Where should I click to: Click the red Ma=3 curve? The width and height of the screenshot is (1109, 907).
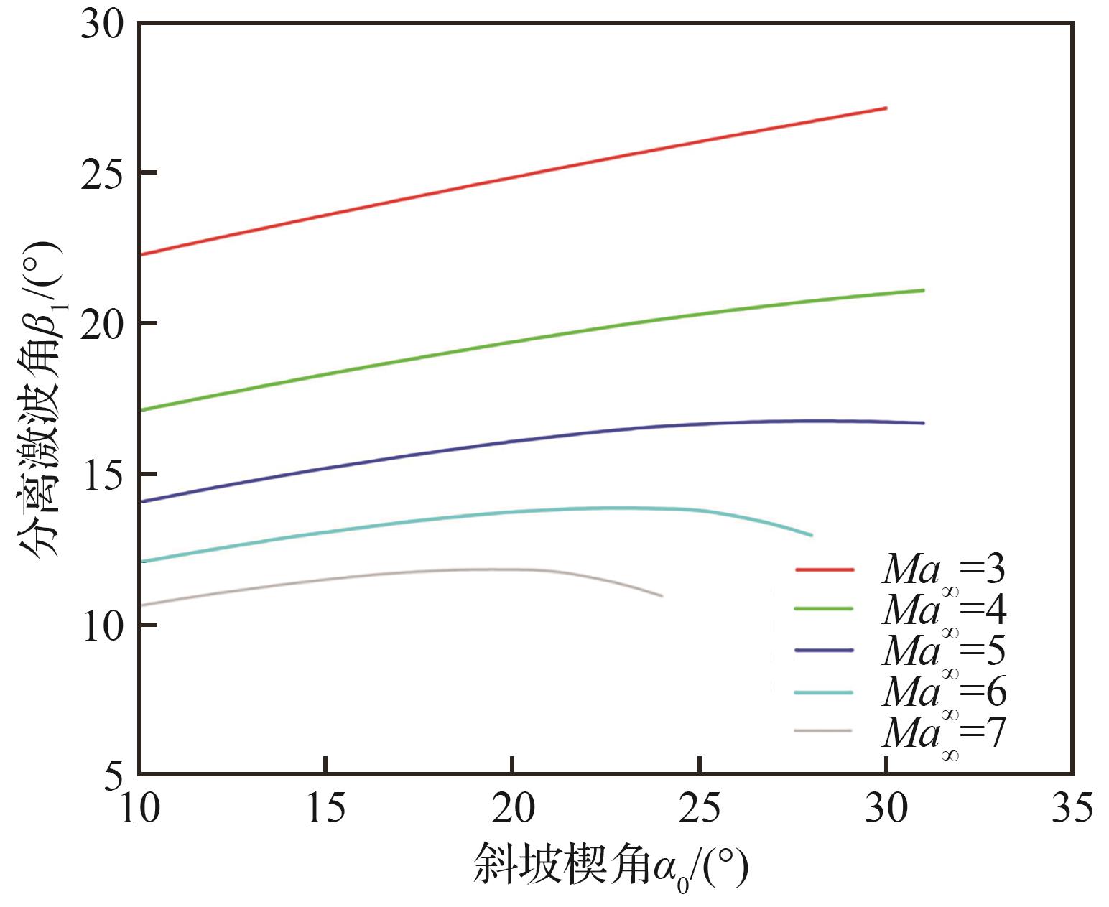513,177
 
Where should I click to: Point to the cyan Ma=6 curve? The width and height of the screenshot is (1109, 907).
513,511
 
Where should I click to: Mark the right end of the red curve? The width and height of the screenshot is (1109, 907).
886,108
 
